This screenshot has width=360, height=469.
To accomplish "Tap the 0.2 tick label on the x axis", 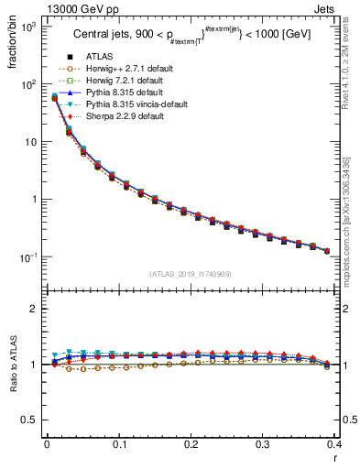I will click(x=191, y=446).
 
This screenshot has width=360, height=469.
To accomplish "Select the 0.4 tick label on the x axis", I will click(x=333, y=446).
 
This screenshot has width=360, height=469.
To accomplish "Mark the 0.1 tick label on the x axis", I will click(x=118, y=446).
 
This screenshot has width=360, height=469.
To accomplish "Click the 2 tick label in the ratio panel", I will click(x=34, y=310).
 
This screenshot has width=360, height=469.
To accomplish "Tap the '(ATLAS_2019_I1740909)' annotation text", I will click(x=190, y=274).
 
